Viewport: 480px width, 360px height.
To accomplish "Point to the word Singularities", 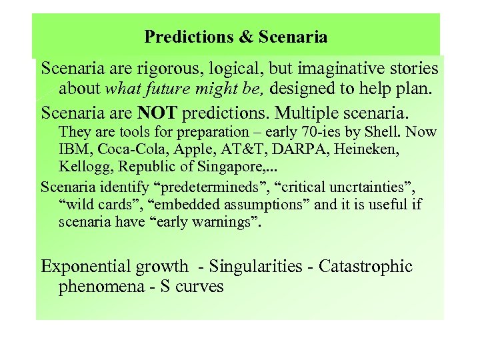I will click(256, 267).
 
